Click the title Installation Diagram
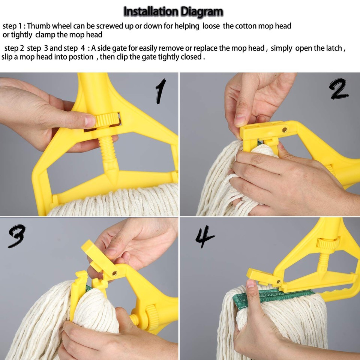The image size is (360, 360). coord(173,12)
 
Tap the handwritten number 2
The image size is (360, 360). coord(339,90)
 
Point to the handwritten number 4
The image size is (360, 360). coord(205,237)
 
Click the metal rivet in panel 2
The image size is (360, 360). coord(284,130)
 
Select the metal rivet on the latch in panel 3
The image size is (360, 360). coord(114,274)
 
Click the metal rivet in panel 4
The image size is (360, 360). coord(278,281)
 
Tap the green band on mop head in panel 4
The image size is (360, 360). coord(270,296)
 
